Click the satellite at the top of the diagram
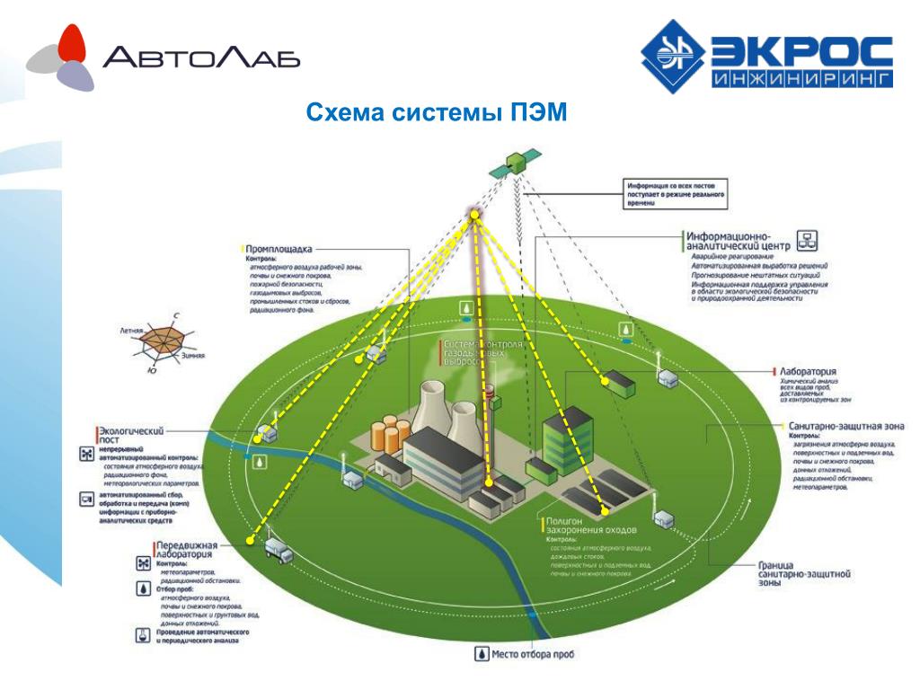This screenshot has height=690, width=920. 515,163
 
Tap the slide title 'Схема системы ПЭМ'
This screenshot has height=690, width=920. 437,113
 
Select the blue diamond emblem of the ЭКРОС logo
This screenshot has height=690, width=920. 673,61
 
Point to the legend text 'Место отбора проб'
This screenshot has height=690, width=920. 532,654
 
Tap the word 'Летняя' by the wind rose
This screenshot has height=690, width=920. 131,331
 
